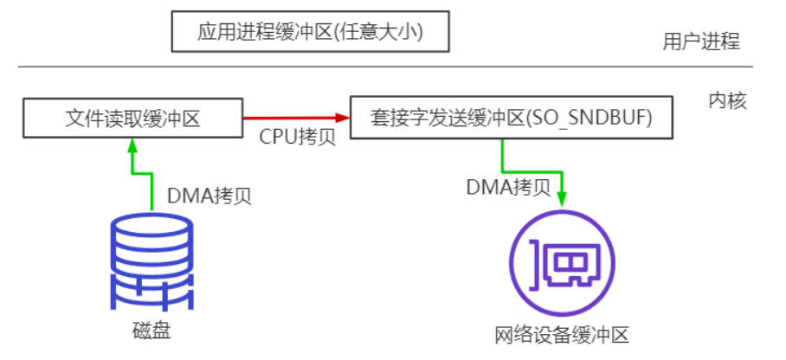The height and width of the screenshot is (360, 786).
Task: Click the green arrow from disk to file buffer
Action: click(x=132, y=173)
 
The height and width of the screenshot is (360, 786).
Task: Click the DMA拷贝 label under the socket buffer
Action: click(x=508, y=186)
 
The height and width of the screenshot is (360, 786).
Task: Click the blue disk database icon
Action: click(x=151, y=263)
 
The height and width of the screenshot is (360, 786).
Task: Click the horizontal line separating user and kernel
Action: click(x=385, y=67)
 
